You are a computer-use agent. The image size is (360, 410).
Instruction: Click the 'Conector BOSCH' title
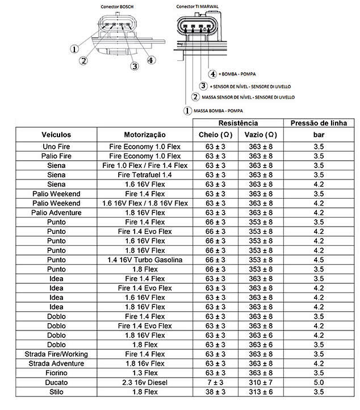pos(118,6)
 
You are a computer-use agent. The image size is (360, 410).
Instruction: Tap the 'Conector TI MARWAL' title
pos(196,6)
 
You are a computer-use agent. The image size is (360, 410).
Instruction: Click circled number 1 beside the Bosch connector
pos(74,49)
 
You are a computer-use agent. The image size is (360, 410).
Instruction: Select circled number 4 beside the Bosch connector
pos(151,60)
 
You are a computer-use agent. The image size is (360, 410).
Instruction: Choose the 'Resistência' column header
pos(238,123)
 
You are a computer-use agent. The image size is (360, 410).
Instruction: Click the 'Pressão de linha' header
pos(319,123)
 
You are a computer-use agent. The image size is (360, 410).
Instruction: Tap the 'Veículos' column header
pos(56,135)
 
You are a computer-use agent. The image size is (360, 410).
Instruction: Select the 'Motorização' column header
pos(145,135)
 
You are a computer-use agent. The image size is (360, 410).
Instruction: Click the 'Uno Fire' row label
pos(56,147)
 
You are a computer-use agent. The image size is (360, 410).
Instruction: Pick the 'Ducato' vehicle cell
pos(56,382)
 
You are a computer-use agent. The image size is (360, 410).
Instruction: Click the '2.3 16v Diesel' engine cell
pos(145,382)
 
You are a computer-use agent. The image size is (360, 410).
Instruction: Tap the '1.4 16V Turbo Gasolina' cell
pos(145,260)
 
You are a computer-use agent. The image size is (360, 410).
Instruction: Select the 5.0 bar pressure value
pos(319,382)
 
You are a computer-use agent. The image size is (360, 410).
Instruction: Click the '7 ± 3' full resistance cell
pos(215,382)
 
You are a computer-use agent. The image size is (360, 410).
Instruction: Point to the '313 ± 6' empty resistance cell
pos(261,391)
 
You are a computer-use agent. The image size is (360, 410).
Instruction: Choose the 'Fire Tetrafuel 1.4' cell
pos(145,175)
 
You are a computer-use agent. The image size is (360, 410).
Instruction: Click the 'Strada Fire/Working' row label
pos(56,354)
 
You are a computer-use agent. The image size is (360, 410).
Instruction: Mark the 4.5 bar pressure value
pos(319,260)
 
